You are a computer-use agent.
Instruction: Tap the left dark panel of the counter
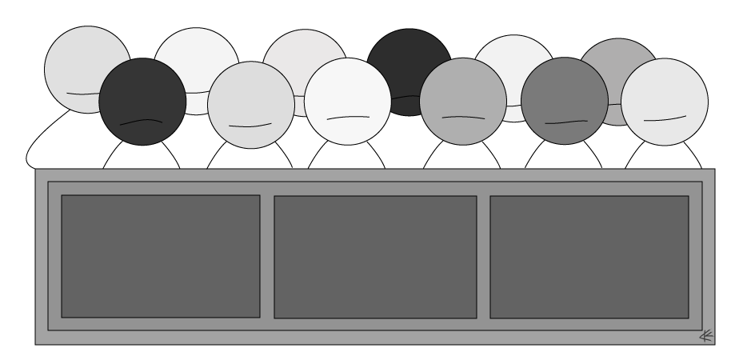pyautogui.click(x=160, y=256)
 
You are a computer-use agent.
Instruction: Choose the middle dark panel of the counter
pyautogui.click(x=375, y=257)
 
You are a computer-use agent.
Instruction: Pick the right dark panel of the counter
pyautogui.click(x=589, y=257)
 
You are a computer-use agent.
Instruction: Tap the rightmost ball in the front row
pyautogui.click(x=664, y=100)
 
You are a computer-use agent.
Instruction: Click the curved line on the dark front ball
pyautogui.click(x=141, y=122)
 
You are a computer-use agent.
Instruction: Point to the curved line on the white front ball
pyautogui.click(x=348, y=118)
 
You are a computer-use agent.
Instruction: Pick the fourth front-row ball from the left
pyautogui.click(x=462, y=100)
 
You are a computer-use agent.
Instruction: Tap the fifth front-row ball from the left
pyautogui.click(x=564, y=100)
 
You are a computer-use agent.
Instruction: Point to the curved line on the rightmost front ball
pyautogui.click(x=665, y=119)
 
